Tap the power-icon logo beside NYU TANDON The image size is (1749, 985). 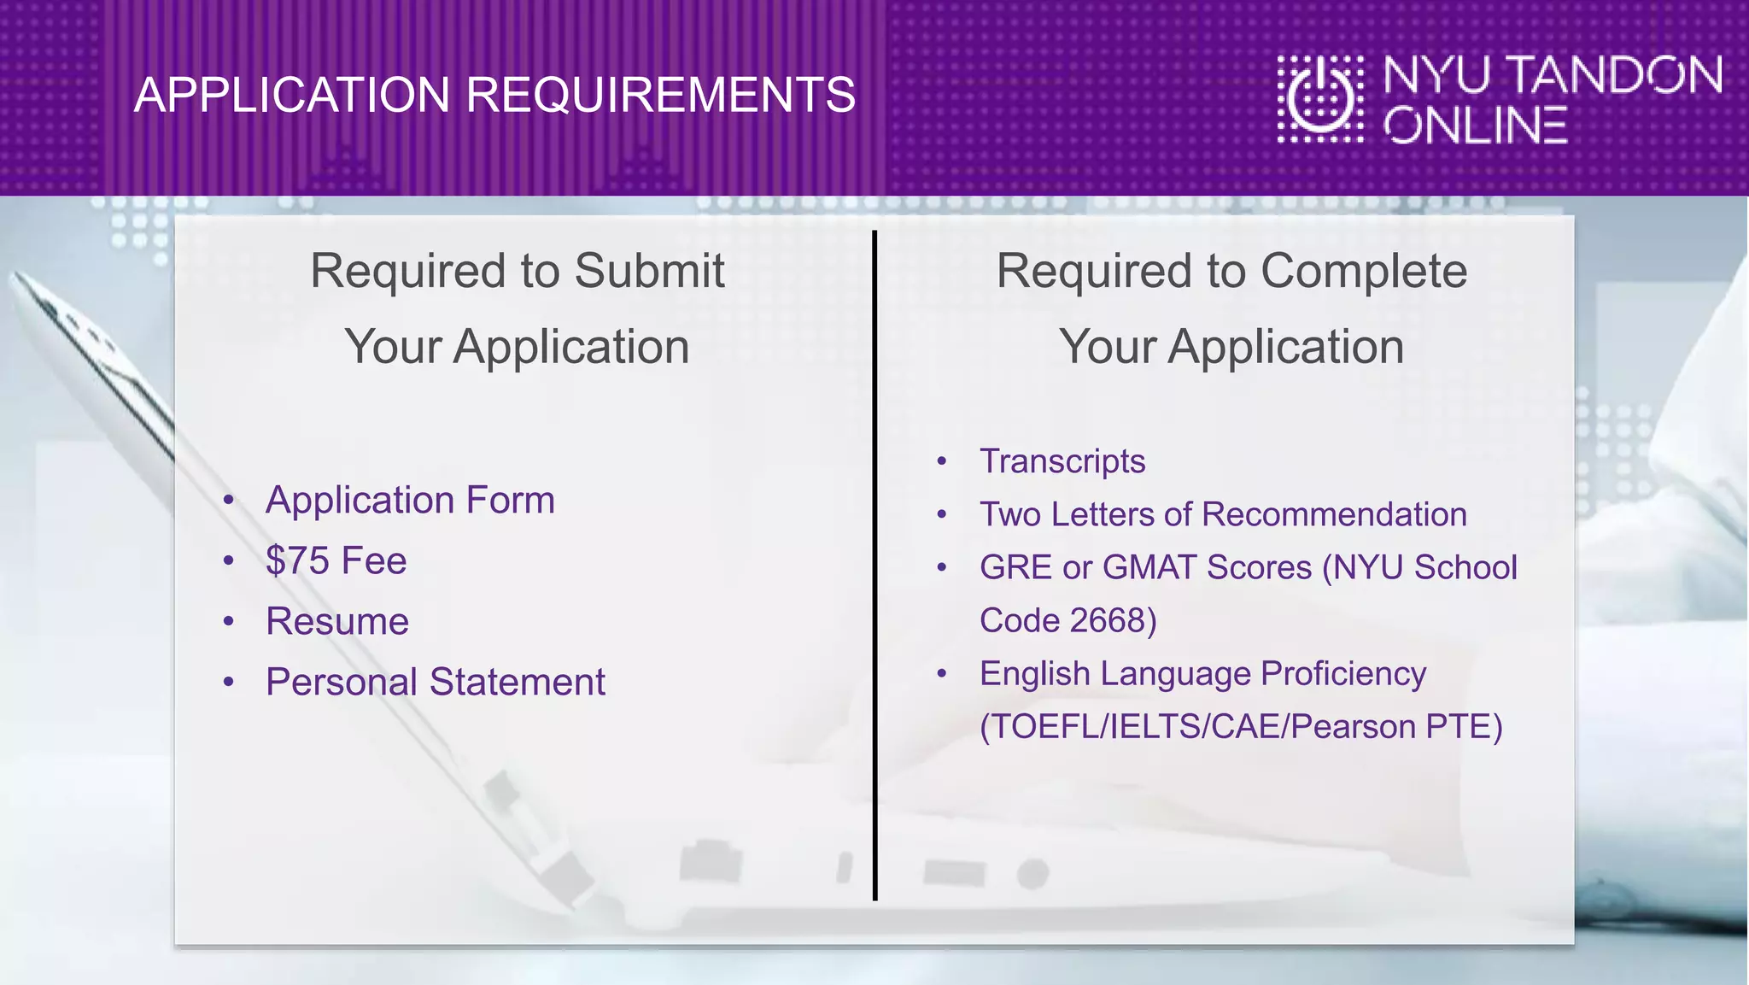click(1320, 99)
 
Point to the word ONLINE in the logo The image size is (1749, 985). click(1475, 126)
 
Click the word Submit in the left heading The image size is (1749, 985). click(649, 272)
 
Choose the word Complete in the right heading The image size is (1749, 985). click(1364, 272)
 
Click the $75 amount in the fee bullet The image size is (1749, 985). click(297, 561)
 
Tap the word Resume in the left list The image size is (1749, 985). click(337, 622)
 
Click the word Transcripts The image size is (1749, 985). click(1062, 461)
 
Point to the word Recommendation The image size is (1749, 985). click(1334, 514)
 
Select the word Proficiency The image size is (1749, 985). click(1343, 673)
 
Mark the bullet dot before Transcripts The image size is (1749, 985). click(942, 462)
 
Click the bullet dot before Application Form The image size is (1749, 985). click(228, 501)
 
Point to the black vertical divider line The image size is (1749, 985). click(874, 564)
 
